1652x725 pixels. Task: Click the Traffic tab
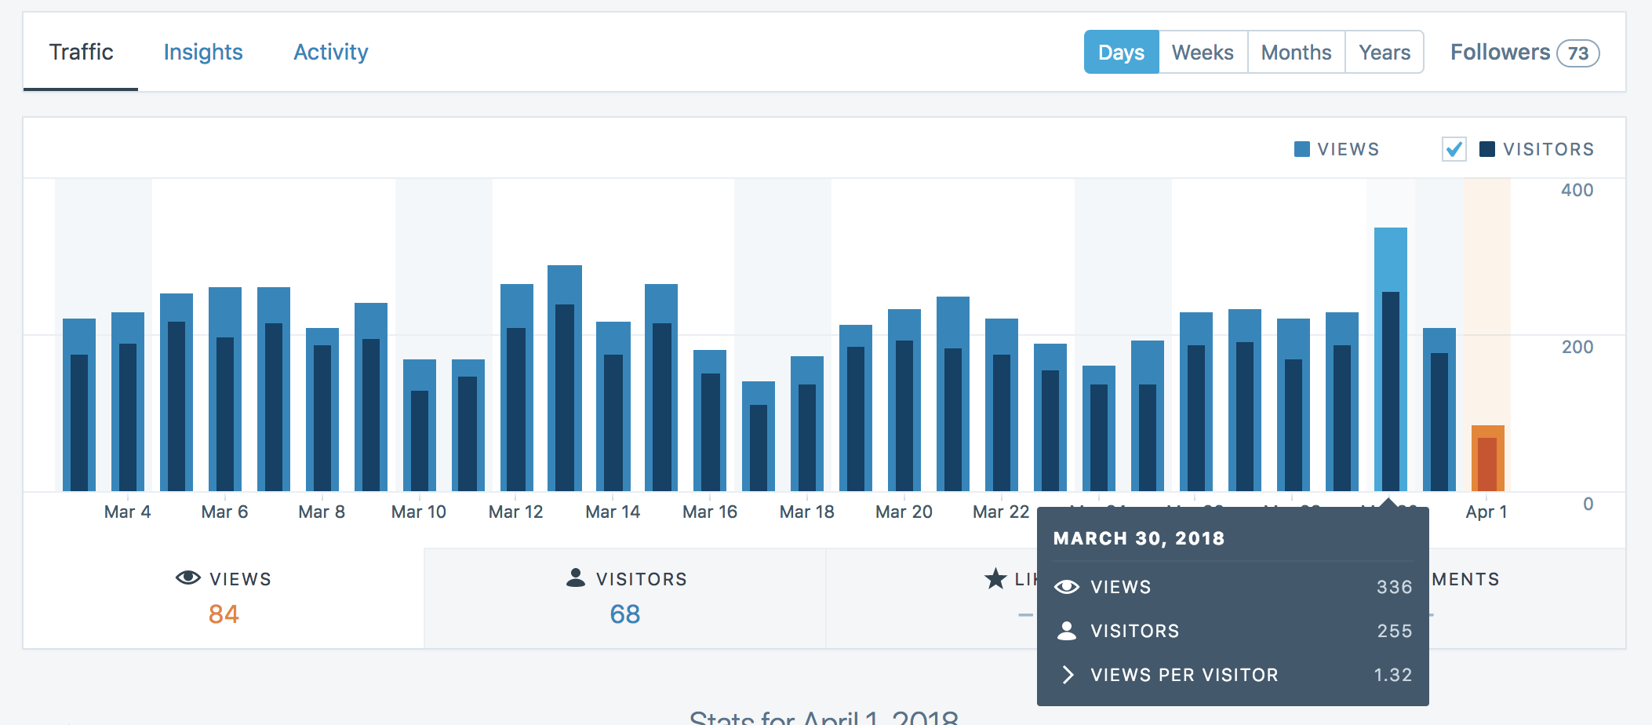click(x=81, y=52)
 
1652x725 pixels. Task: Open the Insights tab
click(x=203, y=52)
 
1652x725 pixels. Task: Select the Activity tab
click(x=330, y=52)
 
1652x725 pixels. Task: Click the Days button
click(x=1121, y=52)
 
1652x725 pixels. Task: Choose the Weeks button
click(x=1203, y=52)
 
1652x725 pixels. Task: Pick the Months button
click(x=1296, y=52)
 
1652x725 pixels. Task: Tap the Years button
click(x=1385, y=52)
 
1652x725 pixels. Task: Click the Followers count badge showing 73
click(x=1577, y=53)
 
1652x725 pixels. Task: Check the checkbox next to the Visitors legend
click(x=1454, y=149)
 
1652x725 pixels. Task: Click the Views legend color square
click(x=1301, y=149)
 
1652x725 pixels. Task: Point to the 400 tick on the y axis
click(x=1577, y=190)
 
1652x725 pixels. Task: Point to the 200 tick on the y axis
click(x=1577, y=347)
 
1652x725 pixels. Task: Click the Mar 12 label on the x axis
click(x=515, y=512)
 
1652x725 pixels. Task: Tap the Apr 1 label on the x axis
click(x=1486, y=512)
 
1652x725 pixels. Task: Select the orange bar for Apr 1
click(x=1487, y=458)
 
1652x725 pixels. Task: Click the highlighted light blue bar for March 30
click(x=1390, y=259)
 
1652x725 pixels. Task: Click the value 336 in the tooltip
click(x=1394, y=587)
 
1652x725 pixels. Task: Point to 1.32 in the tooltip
click(x=1392, y=675)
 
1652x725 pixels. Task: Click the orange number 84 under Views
click(x=224, y=614)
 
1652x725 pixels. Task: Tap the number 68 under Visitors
click(x=624, y=614)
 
